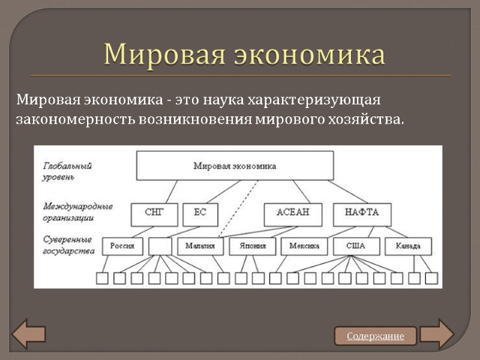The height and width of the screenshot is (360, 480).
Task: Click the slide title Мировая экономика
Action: (244, 55)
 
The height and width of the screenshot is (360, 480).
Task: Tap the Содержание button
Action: (376, 336)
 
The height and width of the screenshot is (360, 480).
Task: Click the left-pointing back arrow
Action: (28, 335)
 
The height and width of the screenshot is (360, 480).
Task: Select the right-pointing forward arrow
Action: (437, 335)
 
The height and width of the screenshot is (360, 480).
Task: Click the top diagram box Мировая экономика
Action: (235, 166)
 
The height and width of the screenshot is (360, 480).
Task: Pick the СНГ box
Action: (154, 212)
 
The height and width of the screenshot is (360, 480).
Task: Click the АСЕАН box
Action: (292, 212)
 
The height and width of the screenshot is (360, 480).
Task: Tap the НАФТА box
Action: (361, 212)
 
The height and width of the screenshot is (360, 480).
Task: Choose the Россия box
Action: (122, 245)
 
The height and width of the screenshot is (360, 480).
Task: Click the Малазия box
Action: (200, 245)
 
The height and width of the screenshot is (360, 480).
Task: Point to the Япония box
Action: (252, 245)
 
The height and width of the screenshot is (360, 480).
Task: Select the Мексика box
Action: (304, 245)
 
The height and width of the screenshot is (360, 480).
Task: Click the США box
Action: (355, 245)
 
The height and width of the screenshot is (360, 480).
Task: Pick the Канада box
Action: (408, 245)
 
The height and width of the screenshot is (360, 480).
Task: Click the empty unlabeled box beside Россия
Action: (160, 245)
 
